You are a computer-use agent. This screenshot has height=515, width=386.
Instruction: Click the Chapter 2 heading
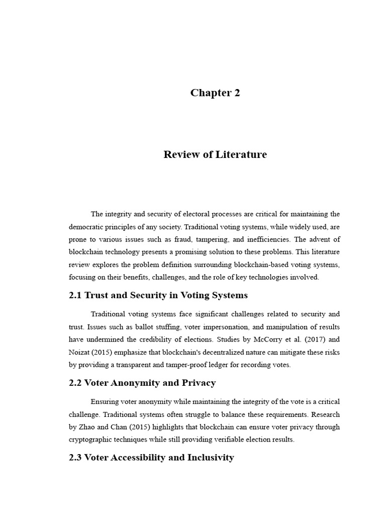(215, 93)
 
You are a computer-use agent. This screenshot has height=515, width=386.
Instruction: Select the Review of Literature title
(215, 154)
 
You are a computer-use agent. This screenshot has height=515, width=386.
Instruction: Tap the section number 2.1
(76, 295)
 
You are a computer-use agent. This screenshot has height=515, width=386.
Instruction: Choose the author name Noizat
(80, 352)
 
